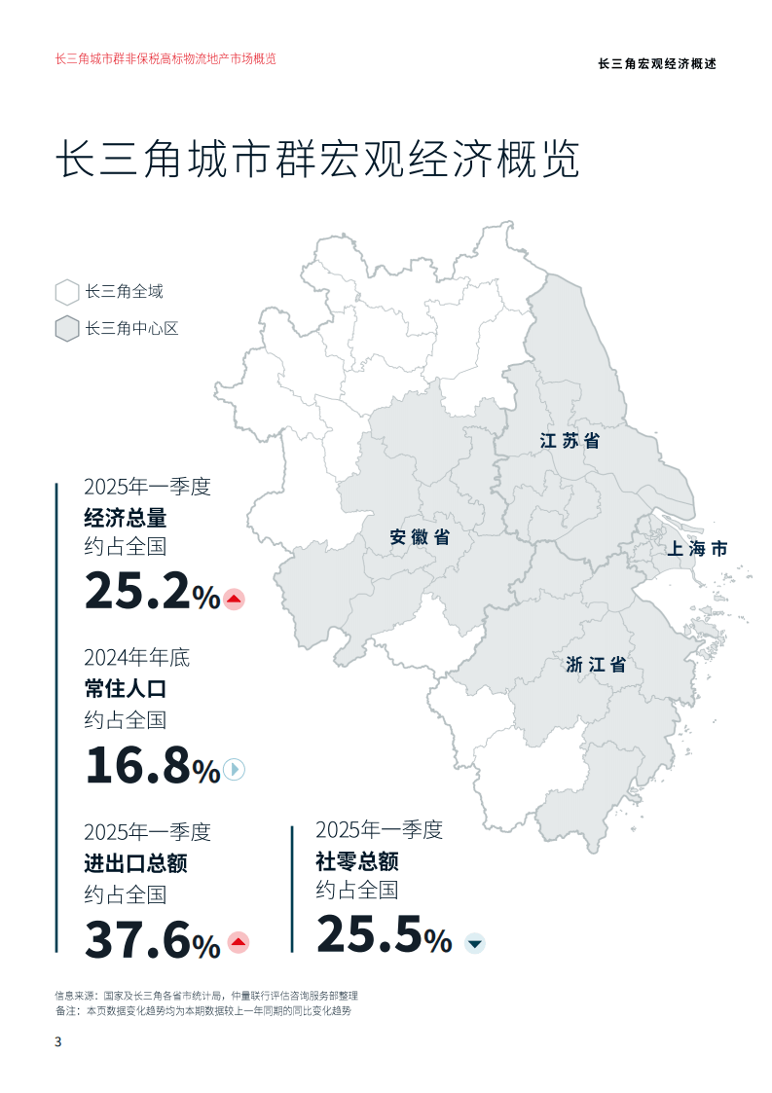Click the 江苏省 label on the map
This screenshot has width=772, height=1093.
[x=570, y=441]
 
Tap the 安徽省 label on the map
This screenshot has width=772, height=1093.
[x=420, y=536]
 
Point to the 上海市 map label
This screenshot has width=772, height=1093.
[x=697, y=549]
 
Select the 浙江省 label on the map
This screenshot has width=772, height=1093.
[x=596, y=666]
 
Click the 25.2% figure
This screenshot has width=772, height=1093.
[x=152, y=591]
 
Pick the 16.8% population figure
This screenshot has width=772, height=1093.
[x=152, y=764]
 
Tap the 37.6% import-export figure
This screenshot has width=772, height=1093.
[x=152, y=938]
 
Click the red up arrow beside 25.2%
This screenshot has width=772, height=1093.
[x=234, y=600]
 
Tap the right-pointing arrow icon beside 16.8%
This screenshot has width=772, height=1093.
[x=234, y=770]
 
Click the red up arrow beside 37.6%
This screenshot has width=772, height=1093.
[x=238, y=942]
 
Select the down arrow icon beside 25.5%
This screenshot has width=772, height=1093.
[x=474, y=942]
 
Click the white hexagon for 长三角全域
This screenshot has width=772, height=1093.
[x=67, y=292]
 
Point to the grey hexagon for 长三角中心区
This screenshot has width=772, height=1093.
[x=67, y=329]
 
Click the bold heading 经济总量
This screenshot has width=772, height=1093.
[x=126, y=517]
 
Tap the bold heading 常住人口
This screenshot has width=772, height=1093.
[x=126, y=689]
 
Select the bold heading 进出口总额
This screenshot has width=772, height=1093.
[x=135, y=862]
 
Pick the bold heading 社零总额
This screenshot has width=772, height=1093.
[x=357, y=861]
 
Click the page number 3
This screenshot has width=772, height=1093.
[x=57, y=1042]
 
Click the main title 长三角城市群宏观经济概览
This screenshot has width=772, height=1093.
[x=318, y=160]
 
